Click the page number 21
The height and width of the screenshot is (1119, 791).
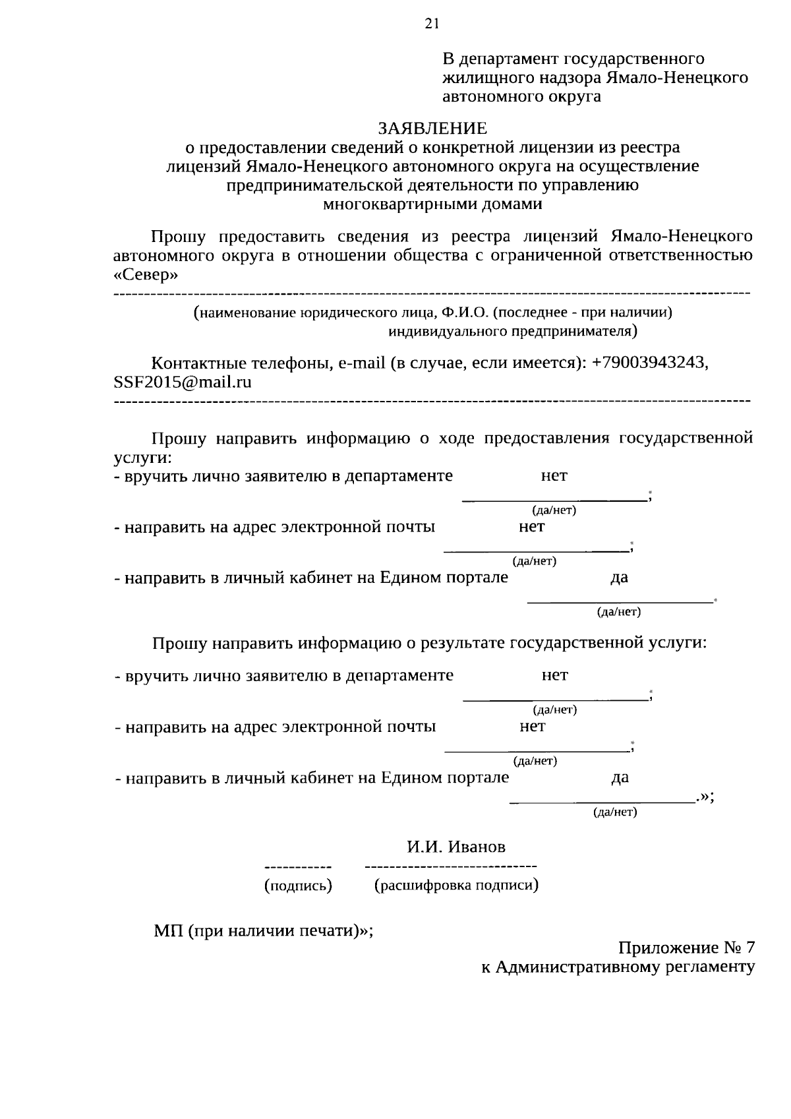pos(431,24)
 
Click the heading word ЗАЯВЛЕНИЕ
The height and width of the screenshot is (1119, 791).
pos(432,127)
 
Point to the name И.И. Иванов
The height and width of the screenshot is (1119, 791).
pos(456,847)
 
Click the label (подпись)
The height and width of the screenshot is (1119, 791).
pos(298,886)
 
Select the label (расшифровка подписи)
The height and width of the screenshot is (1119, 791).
pos(456,886)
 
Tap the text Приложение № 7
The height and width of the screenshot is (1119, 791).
pos(686,948)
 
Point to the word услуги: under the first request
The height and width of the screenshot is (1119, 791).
pos(142,457)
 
